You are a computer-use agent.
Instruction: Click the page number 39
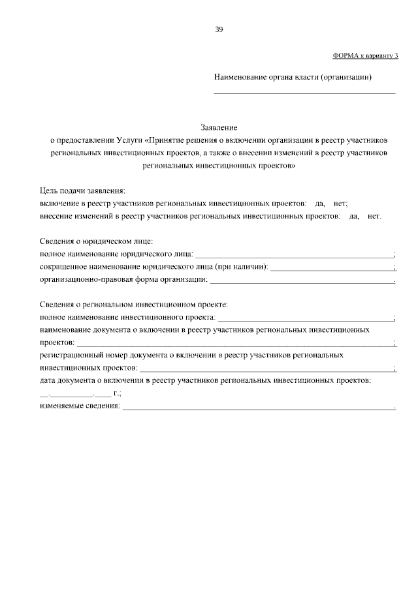pos(219,29)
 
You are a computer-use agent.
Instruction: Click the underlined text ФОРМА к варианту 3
pos(365,56)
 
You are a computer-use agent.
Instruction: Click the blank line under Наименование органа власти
pos(305,93)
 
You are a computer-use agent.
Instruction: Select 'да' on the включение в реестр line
pos(319,204)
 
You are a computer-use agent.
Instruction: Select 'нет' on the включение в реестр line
pos(341,204)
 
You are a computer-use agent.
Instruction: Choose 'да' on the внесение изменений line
pos(355,216)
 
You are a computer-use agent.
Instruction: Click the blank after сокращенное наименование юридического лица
pos(332,268)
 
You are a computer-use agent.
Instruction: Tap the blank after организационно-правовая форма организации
pos(302,281)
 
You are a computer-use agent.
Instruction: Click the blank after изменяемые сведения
pos(259,408)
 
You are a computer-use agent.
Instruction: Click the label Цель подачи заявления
pos(82,190)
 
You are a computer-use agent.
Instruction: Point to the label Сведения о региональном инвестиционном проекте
pos(133,305)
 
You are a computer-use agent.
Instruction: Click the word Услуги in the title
pos(130,140)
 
